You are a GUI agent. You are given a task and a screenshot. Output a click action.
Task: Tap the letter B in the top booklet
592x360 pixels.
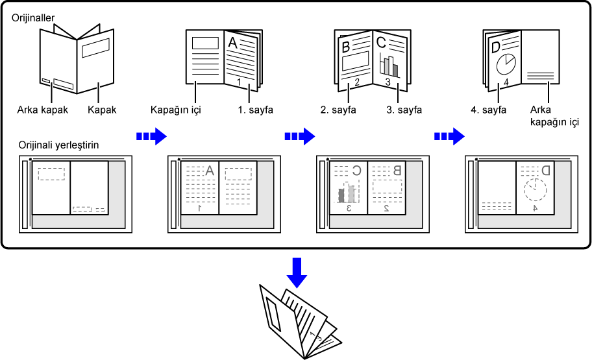pyautogui.click(x=346, y=47)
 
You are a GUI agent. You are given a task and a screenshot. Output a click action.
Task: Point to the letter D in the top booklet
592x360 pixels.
pyautogui.click(x=496, y=47)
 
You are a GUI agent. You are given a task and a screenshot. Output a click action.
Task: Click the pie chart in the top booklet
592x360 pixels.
pyautogui.click(x=505, y=65)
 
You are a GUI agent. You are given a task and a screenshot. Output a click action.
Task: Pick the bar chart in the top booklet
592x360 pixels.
pyautogui.click(x=389, y=65)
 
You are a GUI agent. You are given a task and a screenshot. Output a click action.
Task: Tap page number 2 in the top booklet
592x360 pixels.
pyautogui.click(x=356, y=82)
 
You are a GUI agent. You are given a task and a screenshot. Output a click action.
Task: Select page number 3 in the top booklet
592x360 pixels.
pyautogui.click(x=388, y=82)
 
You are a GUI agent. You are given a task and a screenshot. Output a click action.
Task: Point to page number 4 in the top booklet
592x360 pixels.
pyautogui.click(x=506, y=83)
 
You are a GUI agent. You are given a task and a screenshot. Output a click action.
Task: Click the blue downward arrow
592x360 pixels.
pyautogui.click(x=297, y=272)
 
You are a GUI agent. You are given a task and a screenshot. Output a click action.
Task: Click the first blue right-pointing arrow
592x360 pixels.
pyautogui.click(x=151, y=136)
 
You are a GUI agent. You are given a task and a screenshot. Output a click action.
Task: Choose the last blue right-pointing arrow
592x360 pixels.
pyautogui.click(x=449, y=136)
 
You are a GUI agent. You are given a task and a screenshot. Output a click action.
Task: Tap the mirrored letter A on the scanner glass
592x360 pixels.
pyautogui.click(x=209, y=171)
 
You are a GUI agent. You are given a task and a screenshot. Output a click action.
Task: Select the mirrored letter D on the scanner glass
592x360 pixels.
pyautogui.click(x=545, y=171)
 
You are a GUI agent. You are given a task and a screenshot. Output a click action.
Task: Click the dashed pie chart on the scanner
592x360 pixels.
pyautogui.click(x=536, y=190)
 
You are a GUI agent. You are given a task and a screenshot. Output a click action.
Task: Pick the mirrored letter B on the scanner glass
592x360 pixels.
pyautogui.click(x=397, y=171)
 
